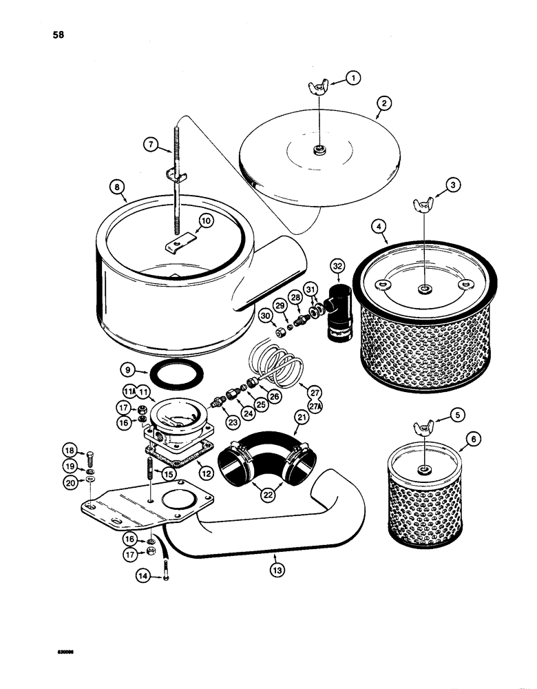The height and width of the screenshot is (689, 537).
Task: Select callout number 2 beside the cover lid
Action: [383, 104]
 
